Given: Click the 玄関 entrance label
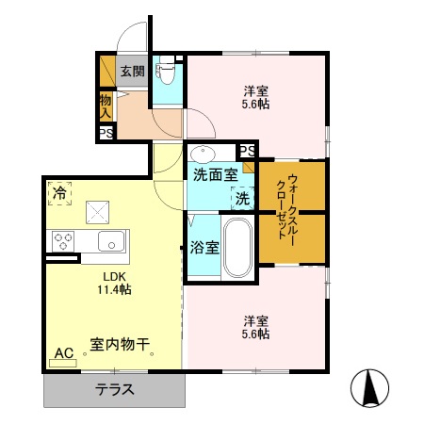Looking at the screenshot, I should point(132,71).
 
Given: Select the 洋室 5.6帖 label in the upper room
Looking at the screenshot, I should point(256,98).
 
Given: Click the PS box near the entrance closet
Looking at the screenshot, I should point(106,133).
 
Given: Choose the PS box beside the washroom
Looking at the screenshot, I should point(247,152).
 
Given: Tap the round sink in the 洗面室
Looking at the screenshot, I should point(202,153).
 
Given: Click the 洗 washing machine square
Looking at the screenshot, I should point(242,199).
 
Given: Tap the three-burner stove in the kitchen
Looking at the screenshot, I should point(64,239).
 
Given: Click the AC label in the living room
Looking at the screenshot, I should point(63,353).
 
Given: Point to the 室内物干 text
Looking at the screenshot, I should point(122,346).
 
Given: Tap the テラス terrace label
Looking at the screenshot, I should point(114,390).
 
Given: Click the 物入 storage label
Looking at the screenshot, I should point(106,105).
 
